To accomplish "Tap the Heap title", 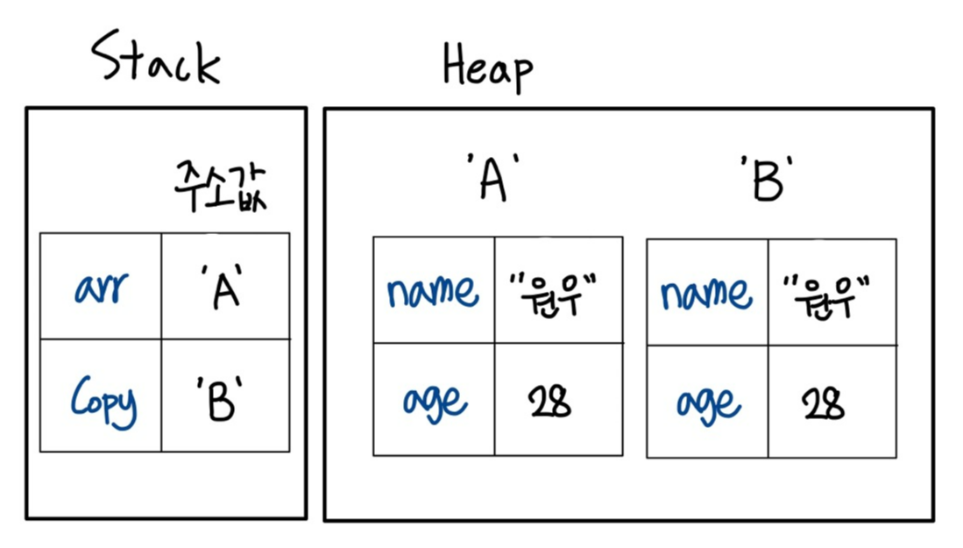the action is click(x=487, y=68).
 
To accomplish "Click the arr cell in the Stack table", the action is click(x=101, y=288).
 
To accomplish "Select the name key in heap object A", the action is click(x=433, y=290).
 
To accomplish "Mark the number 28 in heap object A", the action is click(x=549, y=400).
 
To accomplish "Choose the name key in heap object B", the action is click(x=706, y=292).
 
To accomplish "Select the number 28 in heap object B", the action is click(x=823, y=402).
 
